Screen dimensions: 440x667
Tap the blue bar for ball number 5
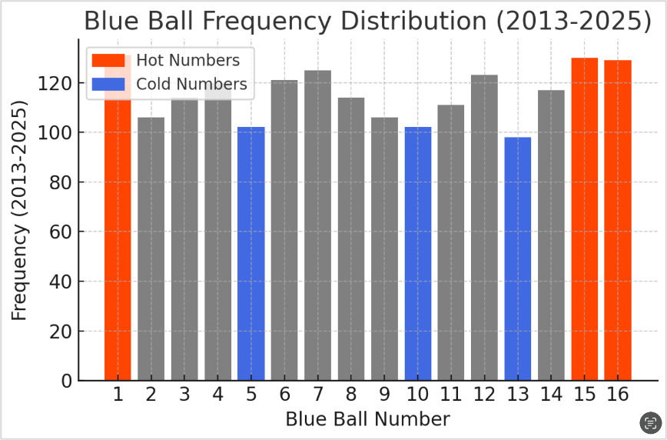(251, 254)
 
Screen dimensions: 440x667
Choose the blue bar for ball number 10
(418, 254)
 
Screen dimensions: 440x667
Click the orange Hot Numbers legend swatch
(108, 60)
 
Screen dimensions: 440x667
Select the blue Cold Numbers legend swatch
(108, 84)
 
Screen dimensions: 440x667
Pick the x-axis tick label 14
(550, 395)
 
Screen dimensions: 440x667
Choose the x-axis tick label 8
(351, 395)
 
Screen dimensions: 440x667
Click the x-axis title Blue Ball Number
(367, 419)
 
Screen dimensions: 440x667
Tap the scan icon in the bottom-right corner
(651, 422)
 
